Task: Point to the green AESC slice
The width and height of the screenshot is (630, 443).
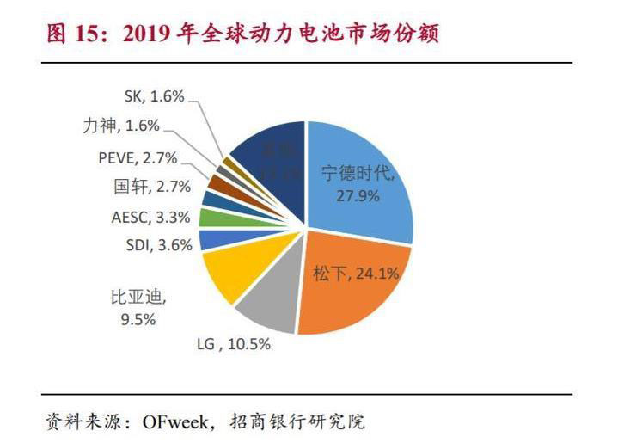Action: [x=209, y=217]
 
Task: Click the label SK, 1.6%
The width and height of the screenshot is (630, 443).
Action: [x=156, y=97]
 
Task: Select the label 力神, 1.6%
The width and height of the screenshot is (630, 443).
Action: [x=120, y=126]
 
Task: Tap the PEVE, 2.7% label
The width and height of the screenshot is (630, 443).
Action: [x=138, y=157]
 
